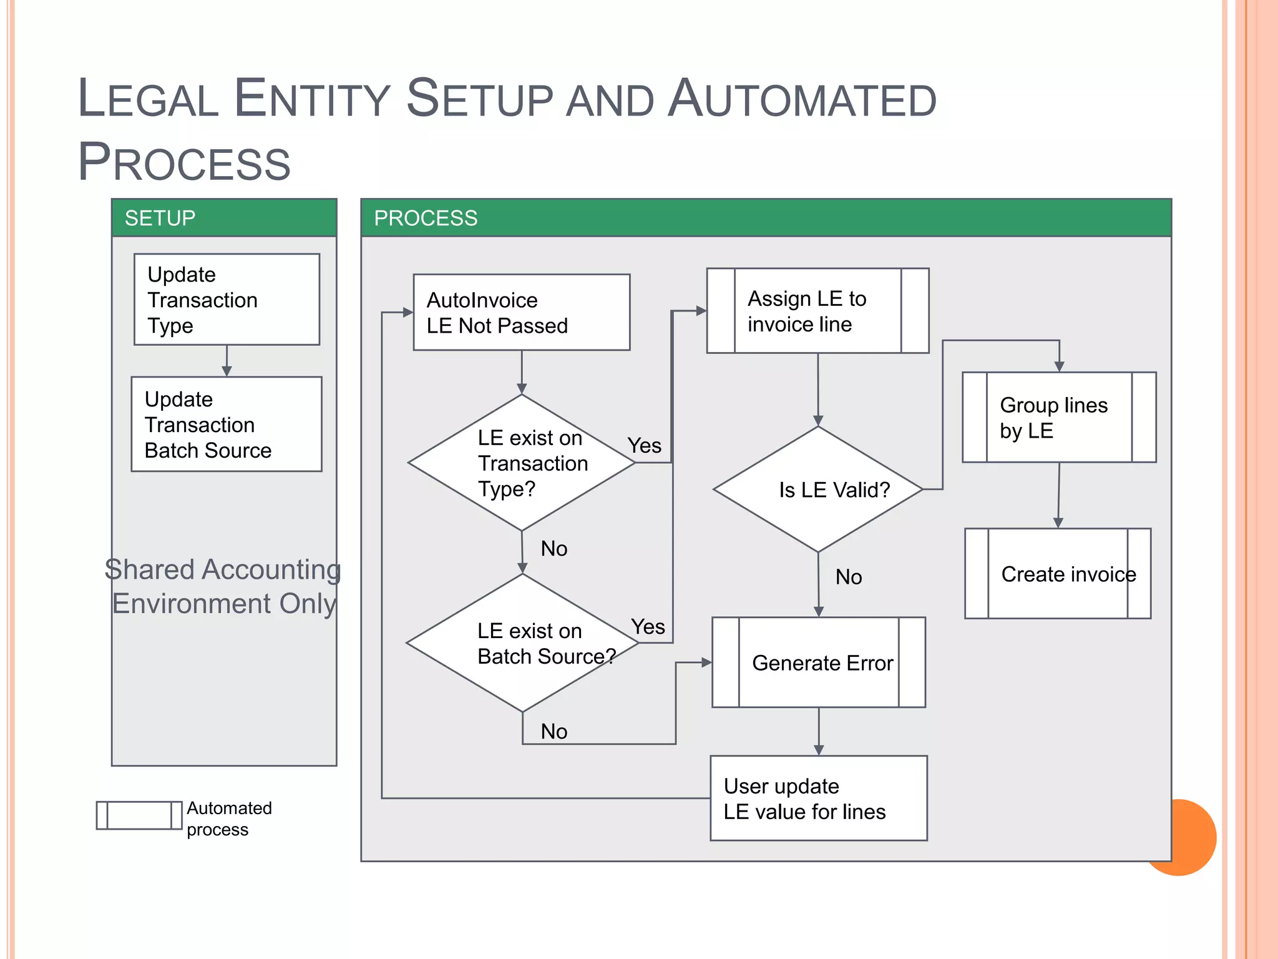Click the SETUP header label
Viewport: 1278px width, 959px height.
click(x=160, y=218)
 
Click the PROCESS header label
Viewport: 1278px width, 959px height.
click(x=425, y=218)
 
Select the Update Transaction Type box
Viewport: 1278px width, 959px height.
click(x=227, y=299)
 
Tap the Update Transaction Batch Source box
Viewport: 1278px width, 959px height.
click(x=227, y=424)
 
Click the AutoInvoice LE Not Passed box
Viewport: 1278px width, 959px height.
click(x=521, y=312)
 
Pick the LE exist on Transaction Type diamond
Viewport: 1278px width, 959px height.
click(x=522, y=463)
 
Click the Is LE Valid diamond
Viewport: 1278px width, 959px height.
click(x=818, y=489)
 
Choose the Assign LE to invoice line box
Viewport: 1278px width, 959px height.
click(x=817, y=311)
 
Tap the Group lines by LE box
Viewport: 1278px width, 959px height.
click(x=1059, y=417)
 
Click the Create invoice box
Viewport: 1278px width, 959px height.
click(x=1058, y=574)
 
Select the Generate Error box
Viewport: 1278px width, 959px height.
click(x=819, y=662)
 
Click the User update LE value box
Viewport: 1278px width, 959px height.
click(x=819, y=798)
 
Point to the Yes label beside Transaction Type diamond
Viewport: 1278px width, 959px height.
click(x=644, y=446)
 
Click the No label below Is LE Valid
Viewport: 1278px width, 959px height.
click(x=849, y=577)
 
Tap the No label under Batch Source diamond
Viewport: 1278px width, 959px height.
click(x=554, y=731)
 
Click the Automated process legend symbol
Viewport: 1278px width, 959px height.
click(x=139, y=815)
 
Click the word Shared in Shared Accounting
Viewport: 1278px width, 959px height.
click(x=149, y=569)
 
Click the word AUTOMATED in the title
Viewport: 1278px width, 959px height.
click(x=802, y=100)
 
